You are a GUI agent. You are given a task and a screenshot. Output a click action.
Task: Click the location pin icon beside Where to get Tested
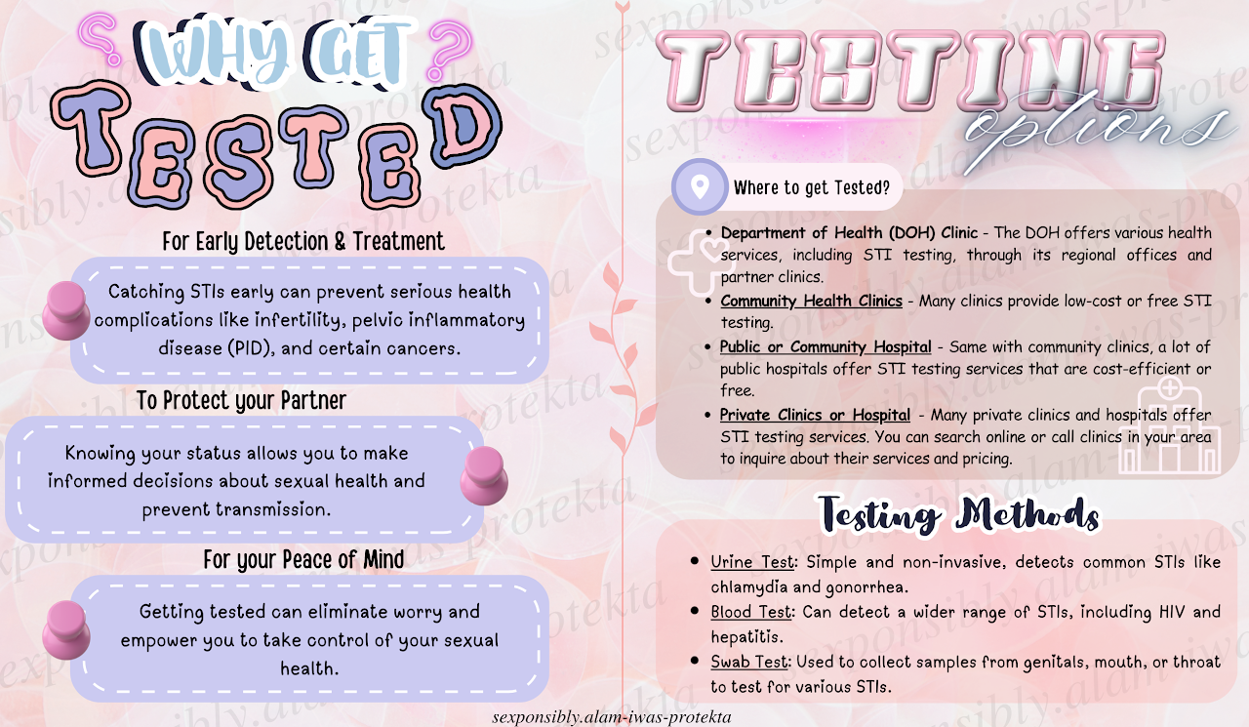point(700,186)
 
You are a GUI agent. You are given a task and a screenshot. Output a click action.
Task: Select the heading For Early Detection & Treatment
point(303,241)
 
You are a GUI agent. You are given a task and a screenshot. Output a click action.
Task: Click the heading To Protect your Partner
point(241,400)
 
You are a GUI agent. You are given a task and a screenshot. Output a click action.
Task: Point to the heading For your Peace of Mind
point(303,559)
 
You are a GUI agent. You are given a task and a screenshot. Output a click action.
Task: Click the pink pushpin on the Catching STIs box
point(66,310)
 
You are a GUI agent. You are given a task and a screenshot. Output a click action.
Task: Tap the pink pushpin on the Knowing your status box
point(484,475)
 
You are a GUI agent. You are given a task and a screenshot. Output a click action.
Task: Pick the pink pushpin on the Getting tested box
point(66,630)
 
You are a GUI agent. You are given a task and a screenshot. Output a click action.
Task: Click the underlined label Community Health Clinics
point(811,302)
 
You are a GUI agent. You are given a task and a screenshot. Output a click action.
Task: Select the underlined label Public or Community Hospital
point(826,346)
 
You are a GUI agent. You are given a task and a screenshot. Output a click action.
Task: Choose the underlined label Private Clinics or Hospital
point(815,415)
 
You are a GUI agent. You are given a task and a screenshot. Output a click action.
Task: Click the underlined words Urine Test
point(752,562)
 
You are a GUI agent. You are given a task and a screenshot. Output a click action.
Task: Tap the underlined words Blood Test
point(751,612)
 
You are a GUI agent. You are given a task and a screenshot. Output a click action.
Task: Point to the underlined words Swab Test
point(749,662)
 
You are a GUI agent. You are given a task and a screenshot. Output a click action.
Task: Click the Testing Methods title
point(959,514)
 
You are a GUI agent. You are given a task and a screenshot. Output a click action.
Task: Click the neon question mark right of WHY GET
point(449,49)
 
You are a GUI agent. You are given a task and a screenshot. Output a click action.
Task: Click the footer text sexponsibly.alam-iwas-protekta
point(612,717)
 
